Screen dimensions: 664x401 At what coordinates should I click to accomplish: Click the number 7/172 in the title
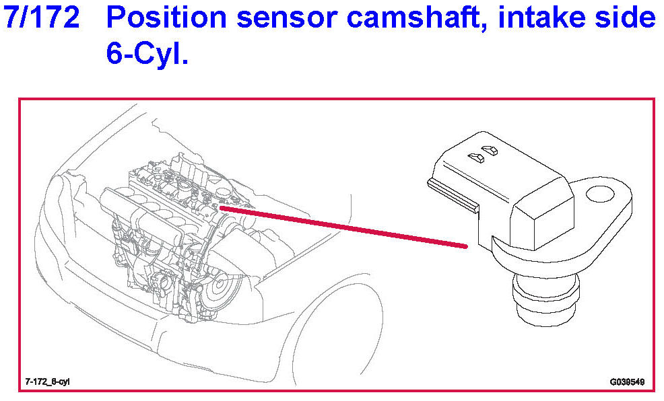(42, 19)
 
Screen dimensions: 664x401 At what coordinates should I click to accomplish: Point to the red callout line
(343, 227)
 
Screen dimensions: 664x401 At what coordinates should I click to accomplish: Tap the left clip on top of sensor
(477, 157)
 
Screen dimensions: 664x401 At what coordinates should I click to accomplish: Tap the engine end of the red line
(222, 209)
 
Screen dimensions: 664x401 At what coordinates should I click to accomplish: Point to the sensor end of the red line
(465, 246)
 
